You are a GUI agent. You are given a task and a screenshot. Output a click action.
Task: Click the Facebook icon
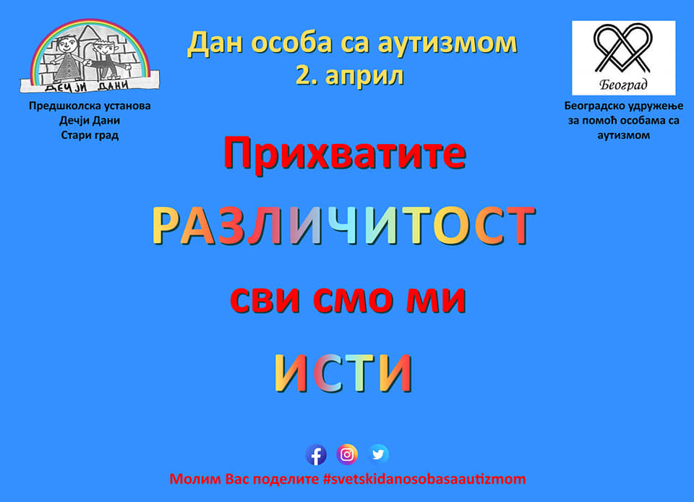point(316,455)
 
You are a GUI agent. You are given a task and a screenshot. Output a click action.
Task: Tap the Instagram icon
point(347,454)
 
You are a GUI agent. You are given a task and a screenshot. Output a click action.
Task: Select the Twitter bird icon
point(378,454)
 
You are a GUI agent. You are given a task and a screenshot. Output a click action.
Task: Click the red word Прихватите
point(345,153)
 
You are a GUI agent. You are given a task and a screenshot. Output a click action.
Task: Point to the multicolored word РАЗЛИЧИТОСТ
point(344,226)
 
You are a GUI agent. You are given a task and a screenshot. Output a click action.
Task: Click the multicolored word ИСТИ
point(343,373)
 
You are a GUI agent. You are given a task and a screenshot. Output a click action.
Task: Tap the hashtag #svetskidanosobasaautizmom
point(424,479)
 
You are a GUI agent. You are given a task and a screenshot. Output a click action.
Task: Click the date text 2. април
point(350,75)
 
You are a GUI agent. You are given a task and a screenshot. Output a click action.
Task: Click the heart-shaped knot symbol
point(623,48)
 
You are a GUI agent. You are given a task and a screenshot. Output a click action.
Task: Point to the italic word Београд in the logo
point(623,84)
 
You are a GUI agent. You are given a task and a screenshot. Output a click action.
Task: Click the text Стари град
point(90,135)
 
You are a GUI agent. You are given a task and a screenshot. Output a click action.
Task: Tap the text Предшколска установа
point(90,106)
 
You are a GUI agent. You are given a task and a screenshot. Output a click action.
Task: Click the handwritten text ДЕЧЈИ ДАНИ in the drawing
point(87,85)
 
